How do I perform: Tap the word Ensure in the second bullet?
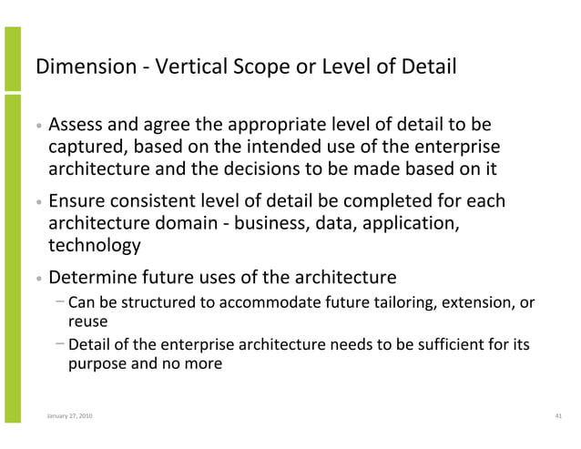tap(77, 201)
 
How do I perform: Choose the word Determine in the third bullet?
tap(94, 277)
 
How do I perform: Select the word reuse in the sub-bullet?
tap(87, 321)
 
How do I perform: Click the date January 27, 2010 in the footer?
tap(68, 415)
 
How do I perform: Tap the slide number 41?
tap(557, 415)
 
